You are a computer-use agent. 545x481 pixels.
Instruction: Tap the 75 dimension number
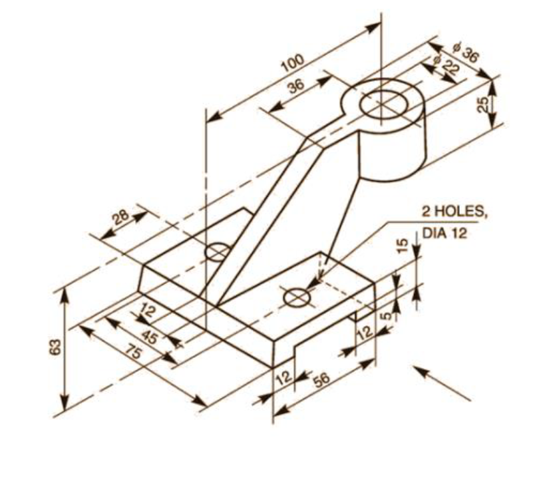click(x=134, y=353)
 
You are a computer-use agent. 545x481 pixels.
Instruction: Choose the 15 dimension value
click(x=401, y=245)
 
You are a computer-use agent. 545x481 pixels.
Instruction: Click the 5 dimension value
click(x=387, y=315)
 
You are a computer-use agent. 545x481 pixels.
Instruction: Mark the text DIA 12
click(x=445, y=234)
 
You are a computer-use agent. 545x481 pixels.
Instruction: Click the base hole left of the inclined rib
click(x=218, y=252)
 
